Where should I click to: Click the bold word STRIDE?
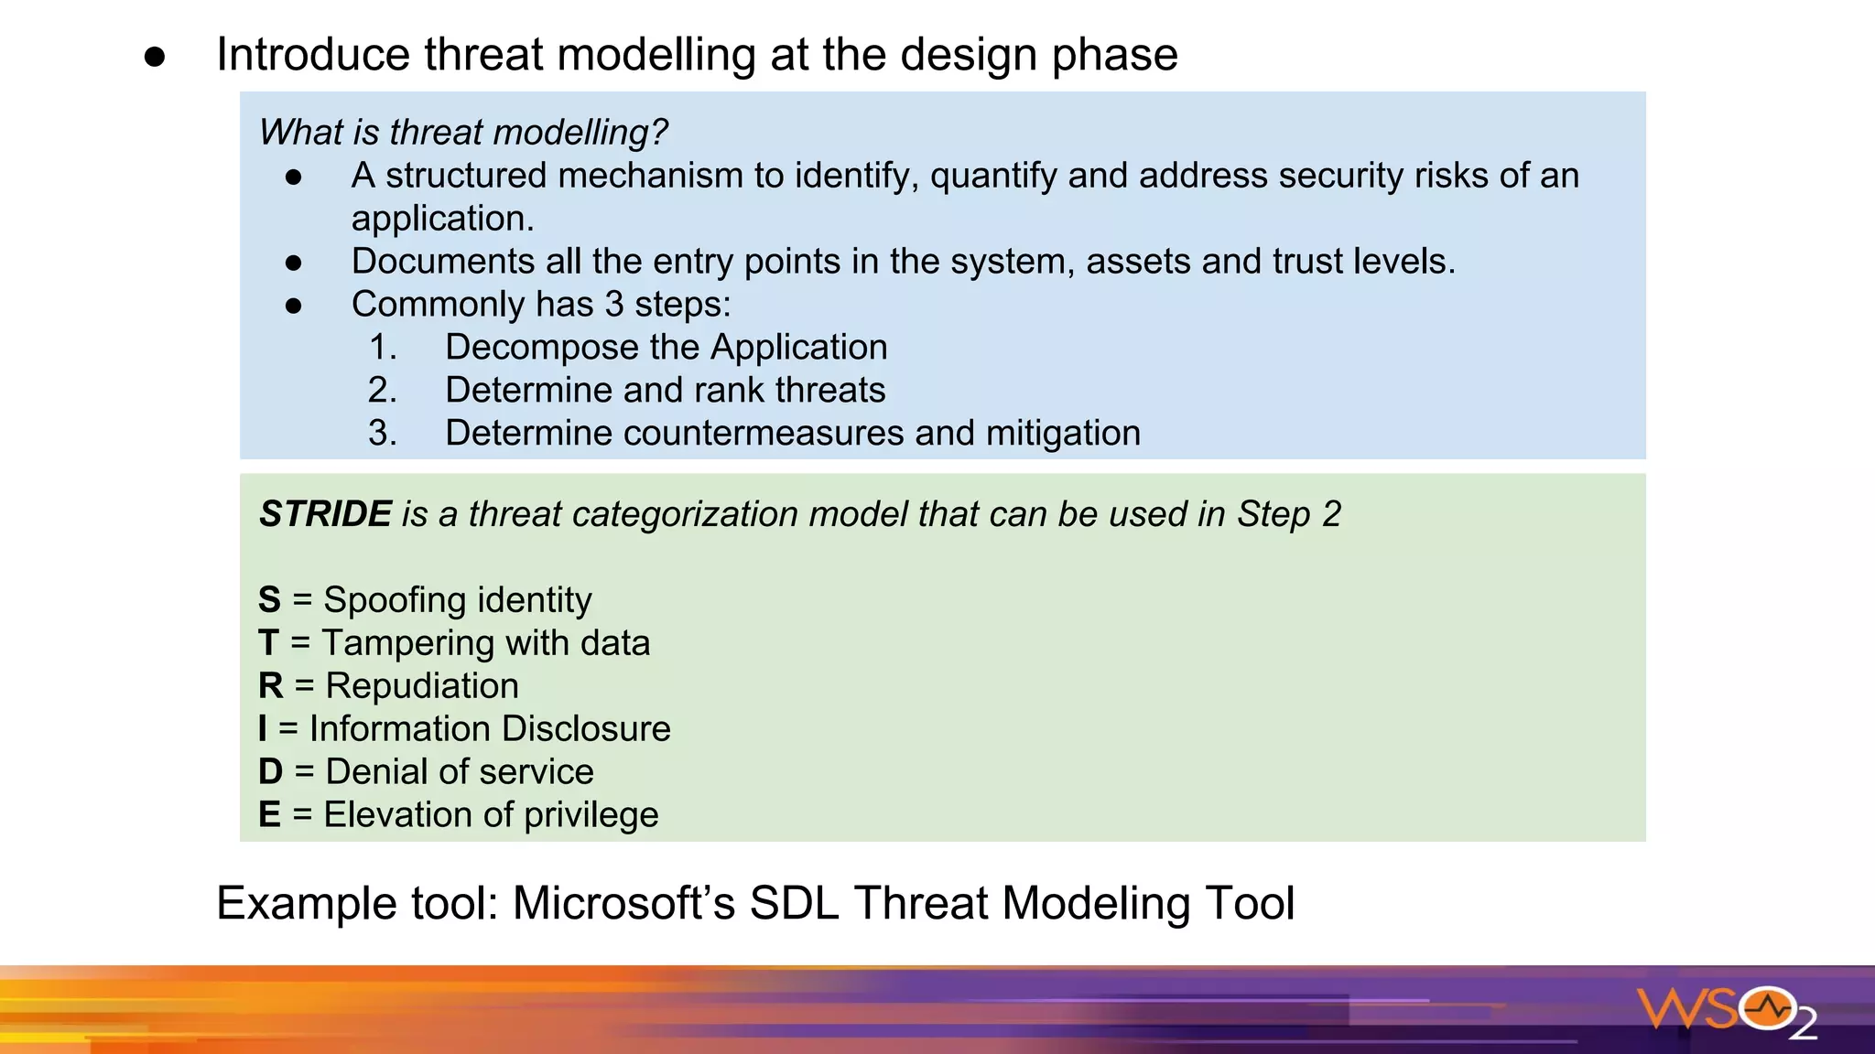point(325,514)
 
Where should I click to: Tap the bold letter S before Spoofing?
point(269,600)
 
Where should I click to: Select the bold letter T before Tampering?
point(268,643)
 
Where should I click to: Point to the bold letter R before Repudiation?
point(271,686)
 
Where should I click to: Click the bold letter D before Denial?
point(271,772)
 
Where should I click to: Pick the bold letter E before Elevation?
point(269,815)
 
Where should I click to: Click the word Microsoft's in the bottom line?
point(623,903)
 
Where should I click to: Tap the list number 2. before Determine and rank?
point(383,391)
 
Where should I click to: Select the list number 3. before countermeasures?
point(383,434)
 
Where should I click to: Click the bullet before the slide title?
point(155,57)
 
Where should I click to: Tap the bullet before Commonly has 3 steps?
point(293,306)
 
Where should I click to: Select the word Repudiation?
point(422,686)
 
